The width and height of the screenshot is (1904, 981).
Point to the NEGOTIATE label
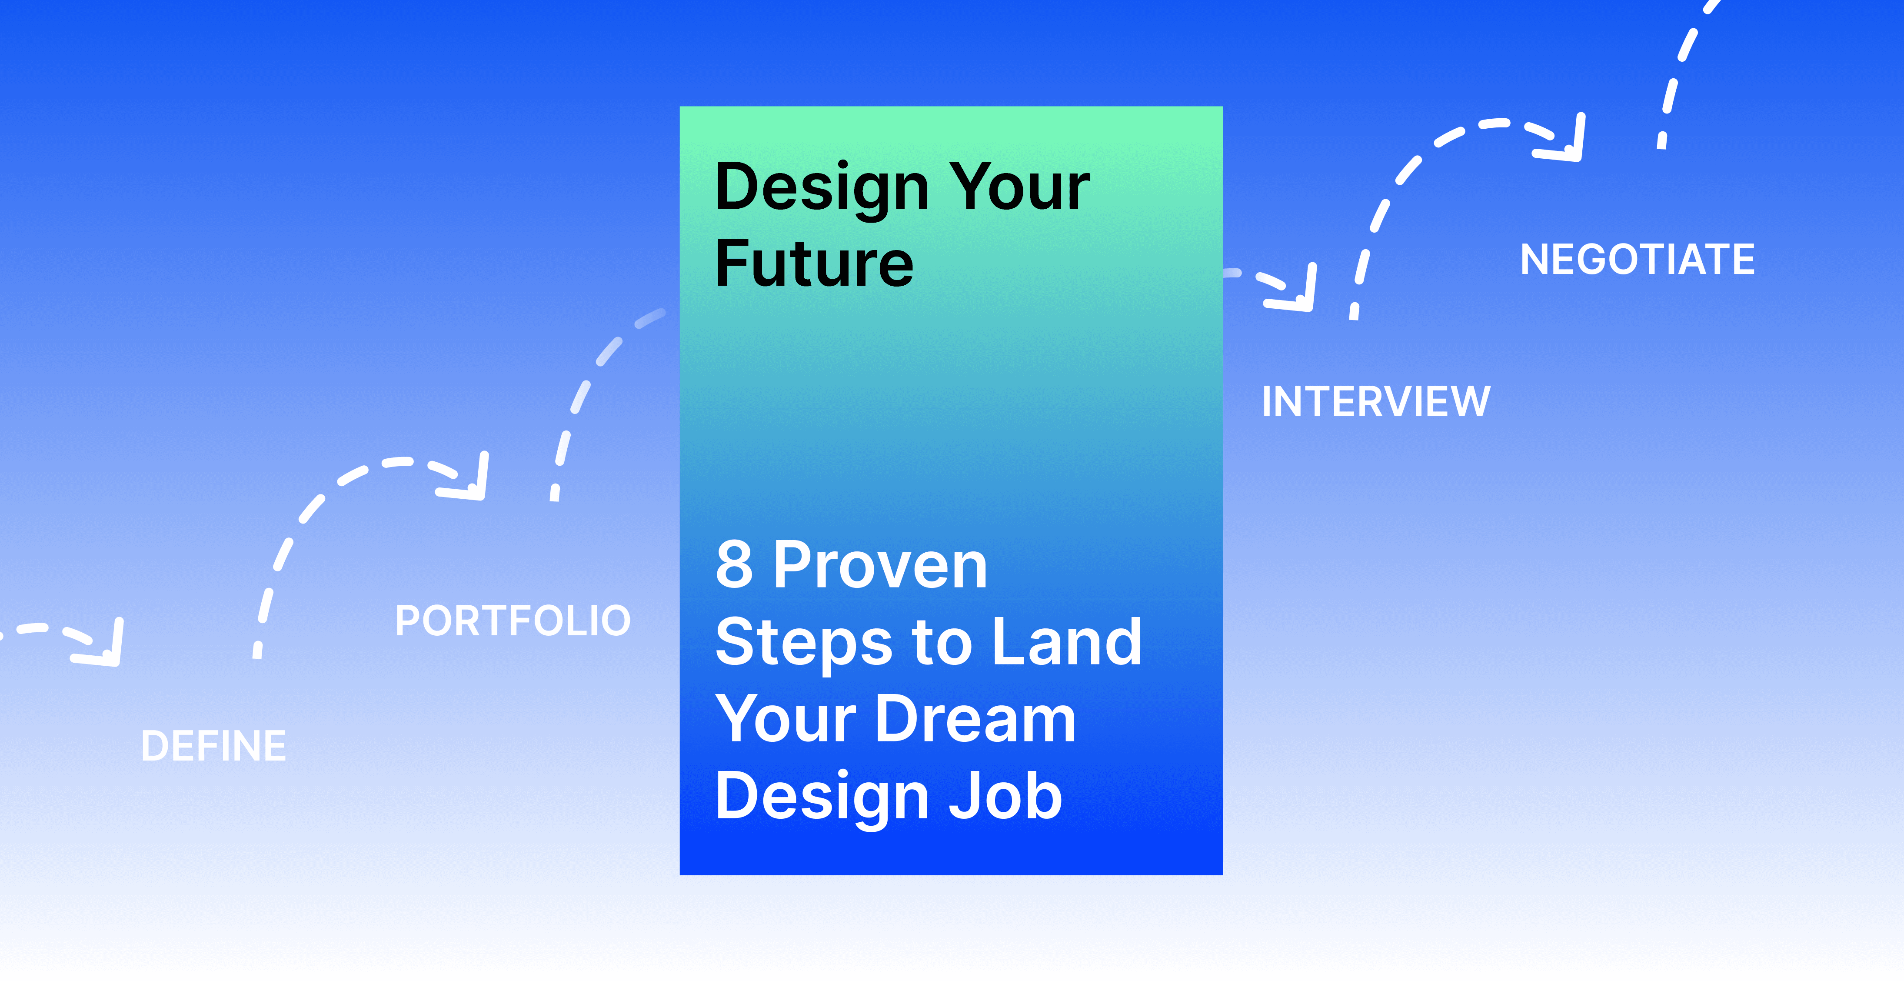tap(1637, 260)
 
